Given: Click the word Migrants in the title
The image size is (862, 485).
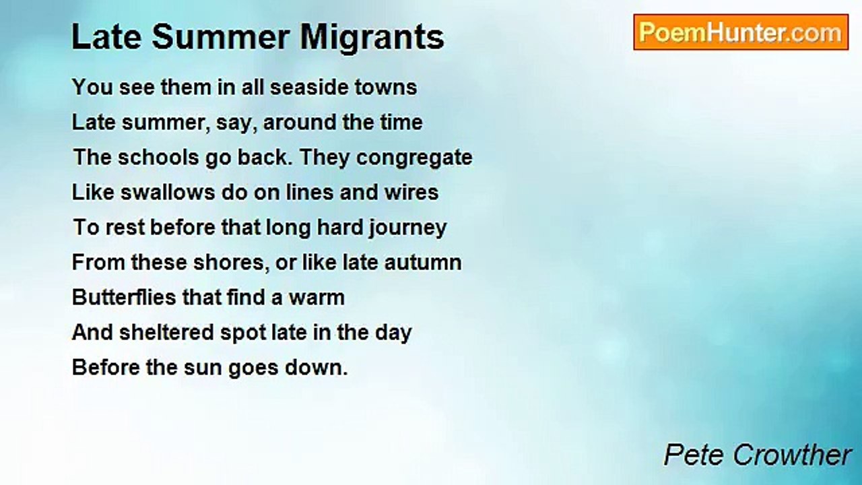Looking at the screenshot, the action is click(x=372, y=38).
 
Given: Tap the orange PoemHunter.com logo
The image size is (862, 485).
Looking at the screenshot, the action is click(x=741, y=32).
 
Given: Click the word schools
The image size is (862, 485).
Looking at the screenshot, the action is click(x=158, y=158).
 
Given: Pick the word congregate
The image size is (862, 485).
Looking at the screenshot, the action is click(x=414, y=158).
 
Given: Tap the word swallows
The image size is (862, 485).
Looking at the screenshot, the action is click(x=168, y=193).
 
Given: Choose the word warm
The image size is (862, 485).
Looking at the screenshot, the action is click(x=317, y=298).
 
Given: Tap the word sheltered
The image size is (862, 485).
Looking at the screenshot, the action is click(x=166, y=333).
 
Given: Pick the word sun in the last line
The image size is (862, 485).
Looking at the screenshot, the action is click(x=203, y=368).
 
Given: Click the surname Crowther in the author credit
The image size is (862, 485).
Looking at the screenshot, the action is click(x=792, y=455).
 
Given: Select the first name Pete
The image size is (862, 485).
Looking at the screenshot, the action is click(x=696, y=455).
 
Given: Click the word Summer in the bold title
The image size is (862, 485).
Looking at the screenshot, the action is click(x=220, y=38).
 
